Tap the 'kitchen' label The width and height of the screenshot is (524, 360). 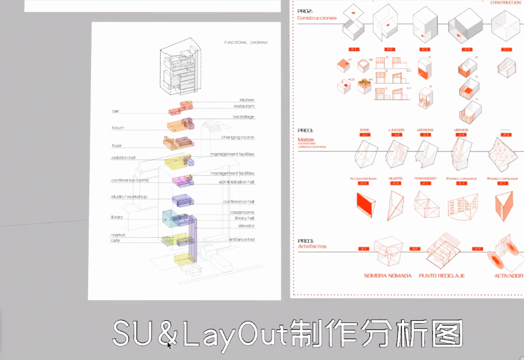pyautogui.click(x=246, y=100)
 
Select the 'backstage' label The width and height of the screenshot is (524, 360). pyautogui.click(x=244, y=117)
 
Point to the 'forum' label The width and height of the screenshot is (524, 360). pyautogui.click(x=118, y=128)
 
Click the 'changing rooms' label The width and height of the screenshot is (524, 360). pyautogui.click(x=237, y=138)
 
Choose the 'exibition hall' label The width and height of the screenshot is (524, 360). pyautogui.click(x=124, y=158)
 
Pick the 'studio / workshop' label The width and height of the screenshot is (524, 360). pyautogui.click(x=129, y=197)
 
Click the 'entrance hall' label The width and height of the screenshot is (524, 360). pyautogui.click(x=241, y=240)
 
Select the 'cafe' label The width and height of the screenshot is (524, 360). pyautogui.click(x=116, y=241)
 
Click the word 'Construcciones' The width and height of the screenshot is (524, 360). pyautogui.click(x=317, y=18)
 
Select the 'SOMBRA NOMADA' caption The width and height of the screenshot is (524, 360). pyautogui.click(x=388, y=276)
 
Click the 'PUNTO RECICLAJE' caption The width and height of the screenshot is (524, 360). pyautogui.click(x=442, y=276)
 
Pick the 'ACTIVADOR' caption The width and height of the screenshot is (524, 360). pyautogui.click(x=508, y=276)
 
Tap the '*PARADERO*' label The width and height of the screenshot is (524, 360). pyautogui.click(x=425, y=179)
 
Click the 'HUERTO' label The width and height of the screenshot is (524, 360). pyautogui.click(x=395, y=179)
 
